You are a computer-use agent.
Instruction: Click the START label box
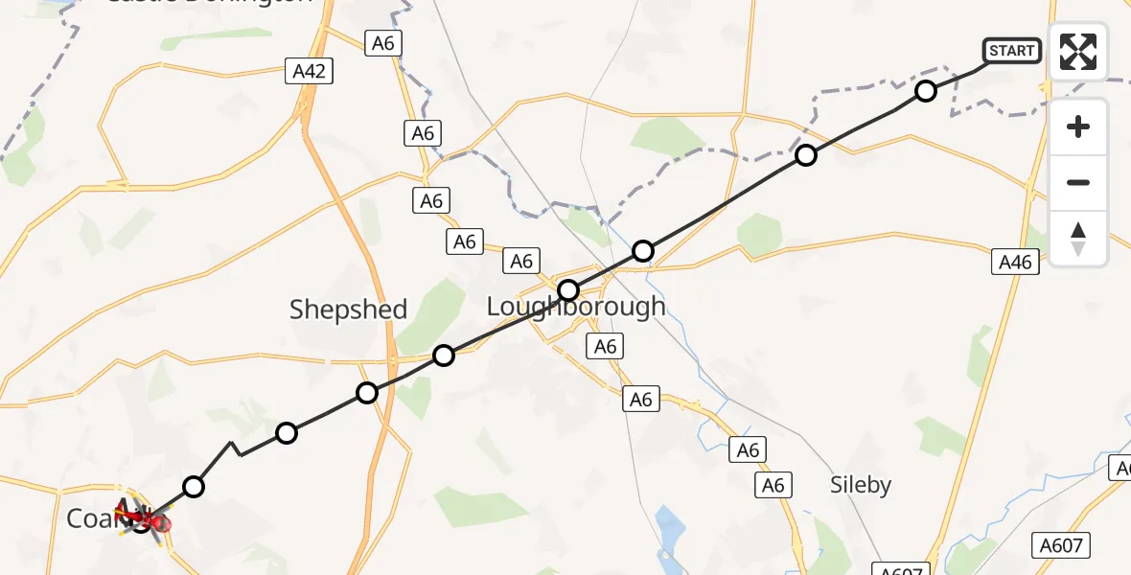(1011, 51)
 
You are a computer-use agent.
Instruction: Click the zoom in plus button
(1078, 127)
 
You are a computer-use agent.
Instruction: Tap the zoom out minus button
(1078, 182)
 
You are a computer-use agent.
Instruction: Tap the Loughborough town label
(576, 307)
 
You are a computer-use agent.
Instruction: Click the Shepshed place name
(348, 310)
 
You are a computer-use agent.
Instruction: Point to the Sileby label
(861, 485)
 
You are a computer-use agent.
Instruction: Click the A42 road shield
(309, 70)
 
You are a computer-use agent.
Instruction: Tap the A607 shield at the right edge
(1062, 546)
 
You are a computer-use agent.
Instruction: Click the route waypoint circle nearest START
(926, 91)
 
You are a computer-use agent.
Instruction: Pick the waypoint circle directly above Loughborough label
(569, 289)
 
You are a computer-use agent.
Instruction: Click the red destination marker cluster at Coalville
(144, 517)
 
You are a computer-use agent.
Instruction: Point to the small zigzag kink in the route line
(233, 448)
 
